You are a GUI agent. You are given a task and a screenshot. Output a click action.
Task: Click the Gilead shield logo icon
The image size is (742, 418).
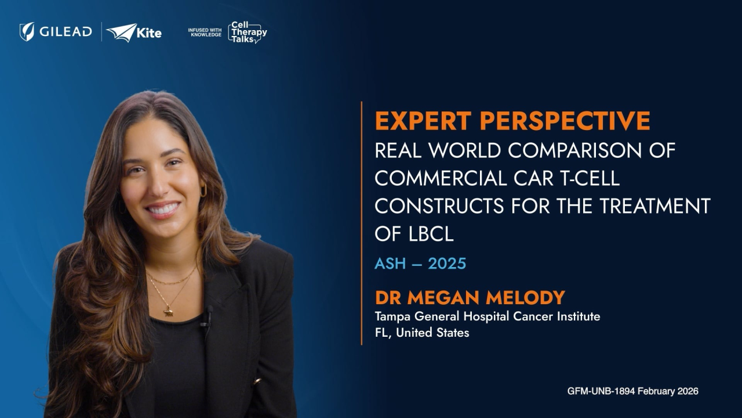(27, 32)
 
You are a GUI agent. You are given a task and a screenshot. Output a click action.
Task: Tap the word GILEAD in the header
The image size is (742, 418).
(66, 32)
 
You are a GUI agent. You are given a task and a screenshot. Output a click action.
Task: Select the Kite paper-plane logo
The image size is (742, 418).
(122, 33)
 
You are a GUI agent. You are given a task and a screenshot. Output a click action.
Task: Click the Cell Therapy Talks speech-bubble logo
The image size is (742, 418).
(248, 32)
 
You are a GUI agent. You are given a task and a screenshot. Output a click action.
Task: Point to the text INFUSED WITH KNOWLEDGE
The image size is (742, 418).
(205, 32)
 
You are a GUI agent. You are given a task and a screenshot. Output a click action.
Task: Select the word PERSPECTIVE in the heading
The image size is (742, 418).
(565, 121)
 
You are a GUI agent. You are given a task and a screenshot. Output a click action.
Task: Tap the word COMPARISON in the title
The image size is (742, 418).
(574, 150)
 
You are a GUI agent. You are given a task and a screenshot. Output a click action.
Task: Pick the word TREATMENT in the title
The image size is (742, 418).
(655, 206)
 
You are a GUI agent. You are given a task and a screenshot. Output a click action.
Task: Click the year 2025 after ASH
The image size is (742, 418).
(447, 264)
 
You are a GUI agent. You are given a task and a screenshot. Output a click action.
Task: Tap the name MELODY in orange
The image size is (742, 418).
(525, 298)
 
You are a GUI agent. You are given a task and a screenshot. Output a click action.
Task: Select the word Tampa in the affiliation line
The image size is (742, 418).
(393, 317)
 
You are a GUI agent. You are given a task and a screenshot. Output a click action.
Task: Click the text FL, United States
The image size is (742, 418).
(422, 333)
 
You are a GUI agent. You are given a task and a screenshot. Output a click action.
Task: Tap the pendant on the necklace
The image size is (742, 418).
(169, 312)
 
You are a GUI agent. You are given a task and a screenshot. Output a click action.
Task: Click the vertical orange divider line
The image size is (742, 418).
(361, 224)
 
